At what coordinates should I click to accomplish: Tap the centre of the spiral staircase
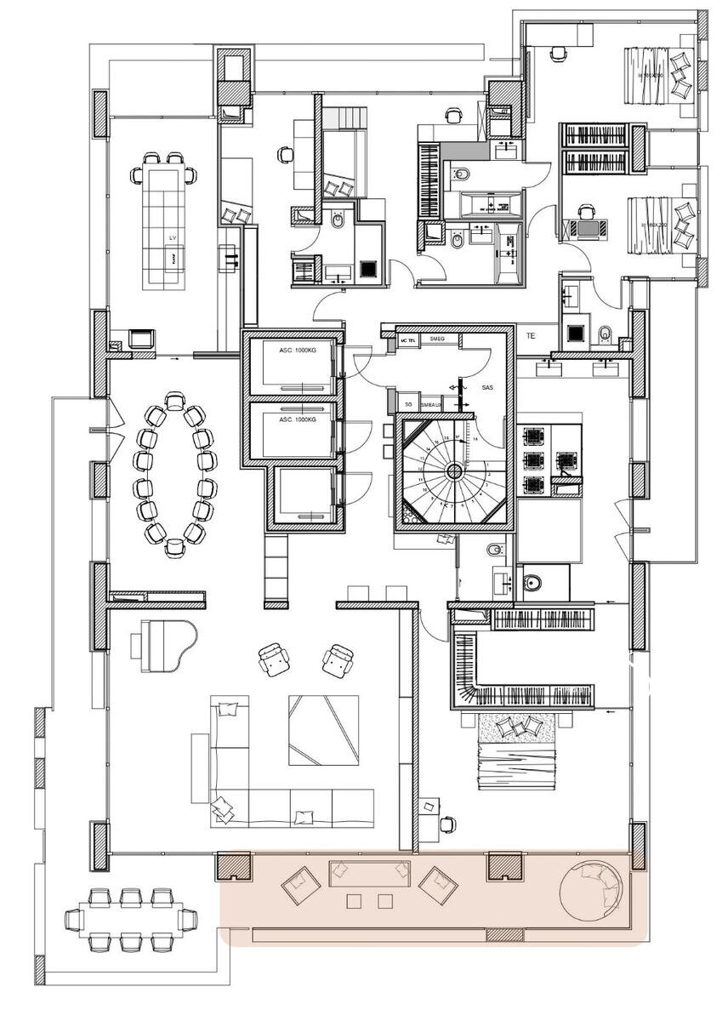point(454,471)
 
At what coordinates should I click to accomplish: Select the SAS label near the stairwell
point(487,387)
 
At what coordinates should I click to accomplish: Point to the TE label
point(532,336)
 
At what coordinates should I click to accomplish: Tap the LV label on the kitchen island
point(173,237)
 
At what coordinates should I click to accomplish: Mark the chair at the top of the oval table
point(174,402)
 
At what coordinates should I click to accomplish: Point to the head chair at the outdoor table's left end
point(75,920)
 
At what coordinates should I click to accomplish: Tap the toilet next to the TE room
point(605,333)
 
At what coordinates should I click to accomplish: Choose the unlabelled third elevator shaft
point(304,495)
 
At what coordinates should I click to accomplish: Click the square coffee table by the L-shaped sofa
point(322,729)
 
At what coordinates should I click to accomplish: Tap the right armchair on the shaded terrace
point(439,886)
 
